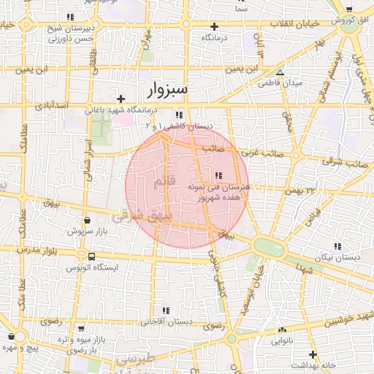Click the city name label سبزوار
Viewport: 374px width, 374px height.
click(x=162, y=91)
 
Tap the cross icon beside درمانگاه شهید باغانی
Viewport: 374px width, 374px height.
click(x=121, y=98)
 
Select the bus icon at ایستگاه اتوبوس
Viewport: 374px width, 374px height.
click(x=91, y=256)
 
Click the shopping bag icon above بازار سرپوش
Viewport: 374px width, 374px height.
click(x=87, y=220)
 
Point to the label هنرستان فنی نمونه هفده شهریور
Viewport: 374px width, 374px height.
click(x=219, y=191)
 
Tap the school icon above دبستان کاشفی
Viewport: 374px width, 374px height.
click(x=180, y=115)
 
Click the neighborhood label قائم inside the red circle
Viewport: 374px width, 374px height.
click(x=161, y=180)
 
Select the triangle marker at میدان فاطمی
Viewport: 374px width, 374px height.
click(x=280, y=72)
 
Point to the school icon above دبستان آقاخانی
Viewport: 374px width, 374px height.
click(x=166, y=310)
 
